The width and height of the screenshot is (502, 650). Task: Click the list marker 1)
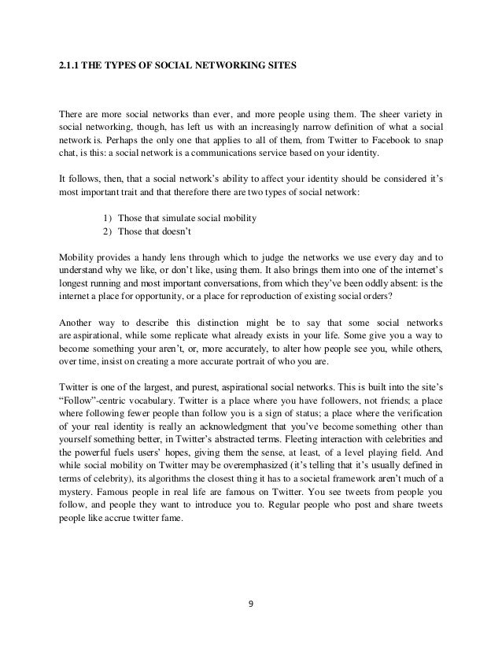point(108,217)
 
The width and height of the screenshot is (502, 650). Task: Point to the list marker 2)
point(108,232)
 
